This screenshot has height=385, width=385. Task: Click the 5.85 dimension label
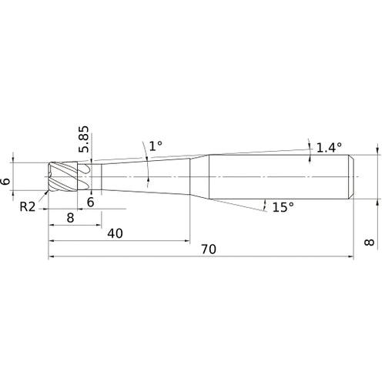pos(84,139)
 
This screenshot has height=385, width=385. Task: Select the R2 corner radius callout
pos(28,206)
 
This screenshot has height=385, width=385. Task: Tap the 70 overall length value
pos(209,249)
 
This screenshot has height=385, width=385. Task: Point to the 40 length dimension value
pos(115,233)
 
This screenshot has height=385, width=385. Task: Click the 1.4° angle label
pos(329,148)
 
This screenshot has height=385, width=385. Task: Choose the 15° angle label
pos(283,207)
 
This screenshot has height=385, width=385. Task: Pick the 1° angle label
pos(156,146)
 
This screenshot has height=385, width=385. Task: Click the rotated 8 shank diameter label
pos(370,242)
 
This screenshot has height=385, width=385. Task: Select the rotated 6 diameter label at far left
pos(5,181)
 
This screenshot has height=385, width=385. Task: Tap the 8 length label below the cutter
pos(70,218)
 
